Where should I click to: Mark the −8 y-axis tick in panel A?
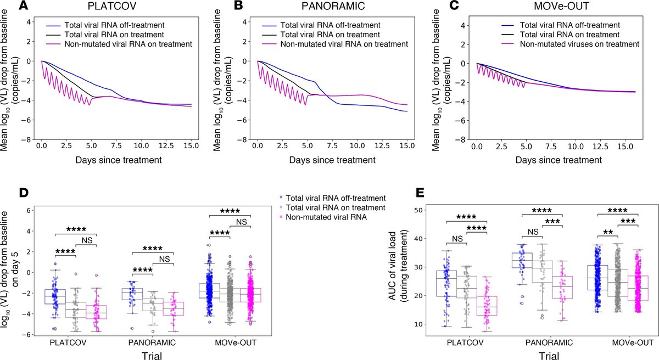[27, 139]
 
